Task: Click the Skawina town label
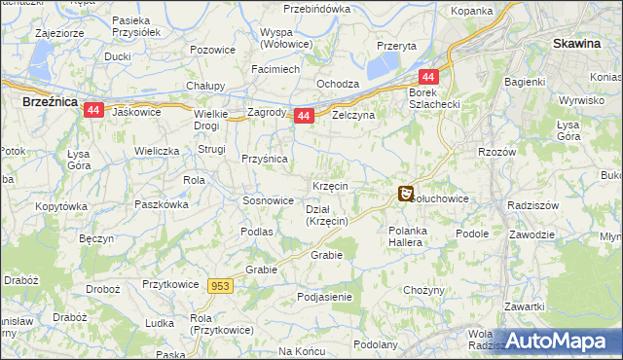582,44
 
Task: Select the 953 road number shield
219,285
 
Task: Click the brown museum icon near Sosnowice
406,195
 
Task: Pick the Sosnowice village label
268,200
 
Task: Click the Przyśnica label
264,160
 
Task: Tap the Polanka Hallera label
405,236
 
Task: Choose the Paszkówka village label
162,205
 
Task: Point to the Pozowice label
213,50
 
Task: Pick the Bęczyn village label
96,238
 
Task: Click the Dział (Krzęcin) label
327,215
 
